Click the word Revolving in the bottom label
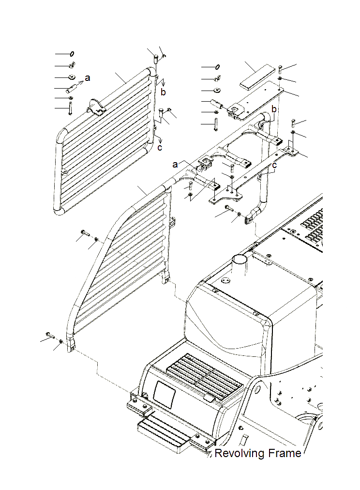238,454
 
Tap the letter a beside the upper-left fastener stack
88,77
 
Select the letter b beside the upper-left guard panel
164,92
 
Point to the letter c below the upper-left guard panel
160,147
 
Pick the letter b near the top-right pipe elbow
273,110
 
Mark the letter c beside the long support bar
274,165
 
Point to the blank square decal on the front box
163,394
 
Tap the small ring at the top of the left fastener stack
72,54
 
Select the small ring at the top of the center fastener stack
218,67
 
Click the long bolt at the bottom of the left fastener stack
70,108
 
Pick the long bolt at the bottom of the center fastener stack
215,125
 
